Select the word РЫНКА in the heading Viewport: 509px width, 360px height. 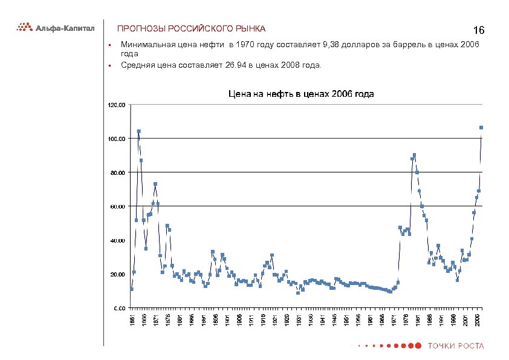coord(250,29)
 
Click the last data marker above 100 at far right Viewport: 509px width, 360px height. coord(481,128)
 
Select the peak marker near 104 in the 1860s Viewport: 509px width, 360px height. coord(138,131)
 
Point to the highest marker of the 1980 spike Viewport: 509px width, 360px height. coord(414,155)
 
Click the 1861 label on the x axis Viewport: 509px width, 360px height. coord(132,319)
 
